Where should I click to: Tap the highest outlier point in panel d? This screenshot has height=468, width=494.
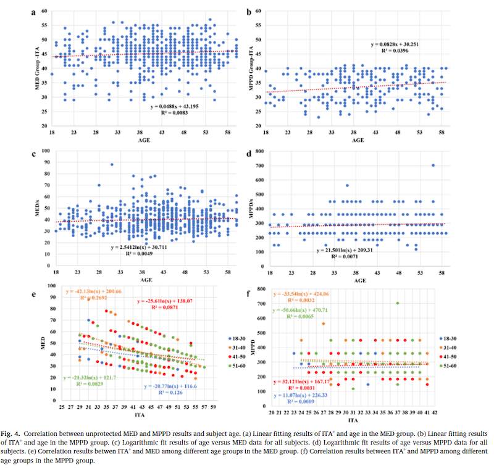point(433,165)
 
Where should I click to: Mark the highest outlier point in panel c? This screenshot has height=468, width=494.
point(112,164)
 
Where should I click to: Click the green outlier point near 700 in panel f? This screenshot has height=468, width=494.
point(398,303)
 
